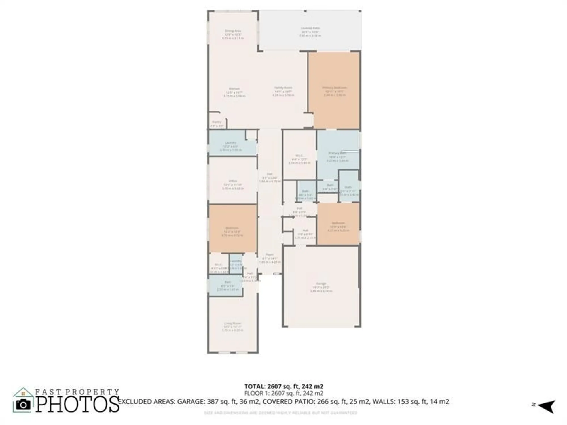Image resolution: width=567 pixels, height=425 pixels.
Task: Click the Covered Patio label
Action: (x=310, y=28)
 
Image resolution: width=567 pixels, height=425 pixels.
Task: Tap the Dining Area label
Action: (x=233, y=31)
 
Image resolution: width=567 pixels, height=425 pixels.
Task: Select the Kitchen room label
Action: (x=234, y=89)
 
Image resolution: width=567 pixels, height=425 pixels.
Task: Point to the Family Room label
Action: (x=283, y=88)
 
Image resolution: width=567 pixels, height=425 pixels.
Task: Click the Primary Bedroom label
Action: (x=335, y=88)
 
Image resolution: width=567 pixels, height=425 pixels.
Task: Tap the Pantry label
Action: (x=217, y=122)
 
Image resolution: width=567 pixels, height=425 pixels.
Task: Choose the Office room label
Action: (x=233, y=181)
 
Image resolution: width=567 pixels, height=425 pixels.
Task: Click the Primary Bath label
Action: (x=337, y=153)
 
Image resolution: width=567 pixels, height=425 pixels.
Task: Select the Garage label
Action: (x=321, y=284)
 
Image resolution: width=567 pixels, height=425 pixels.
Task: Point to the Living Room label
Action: (x=232, y=323)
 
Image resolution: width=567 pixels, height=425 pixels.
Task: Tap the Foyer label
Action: (x=270, y=255)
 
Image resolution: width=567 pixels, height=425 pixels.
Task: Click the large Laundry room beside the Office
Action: (x=230, y=143)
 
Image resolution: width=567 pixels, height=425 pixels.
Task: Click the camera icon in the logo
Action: (x=23, y=405)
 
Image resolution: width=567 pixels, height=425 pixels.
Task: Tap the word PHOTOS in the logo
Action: (x=77, y=404)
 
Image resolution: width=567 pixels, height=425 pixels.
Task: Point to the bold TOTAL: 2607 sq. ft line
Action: (x=284, y=386)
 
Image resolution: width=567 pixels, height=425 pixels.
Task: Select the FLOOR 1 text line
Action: (x=284, y=393)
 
